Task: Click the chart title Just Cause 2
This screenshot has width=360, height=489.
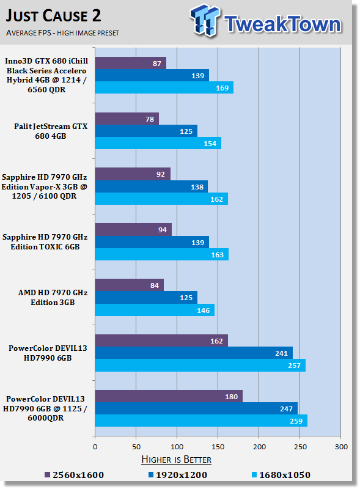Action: point(53,16)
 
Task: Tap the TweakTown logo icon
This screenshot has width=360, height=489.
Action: point(204,20)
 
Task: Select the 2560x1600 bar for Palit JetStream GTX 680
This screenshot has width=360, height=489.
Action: point(127,119)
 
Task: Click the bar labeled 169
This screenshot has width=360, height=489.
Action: point(164,87)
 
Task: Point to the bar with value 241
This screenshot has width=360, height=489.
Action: point(194,353)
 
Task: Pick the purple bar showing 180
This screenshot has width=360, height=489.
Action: point(169,396)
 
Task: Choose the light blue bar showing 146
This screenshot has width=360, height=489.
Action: point(155,310)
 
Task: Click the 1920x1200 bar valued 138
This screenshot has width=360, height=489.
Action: point(152,186)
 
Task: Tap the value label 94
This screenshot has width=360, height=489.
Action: point(163,230)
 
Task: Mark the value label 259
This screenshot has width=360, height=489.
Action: point(296,421)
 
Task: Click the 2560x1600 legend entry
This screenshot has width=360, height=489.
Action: point(74,475)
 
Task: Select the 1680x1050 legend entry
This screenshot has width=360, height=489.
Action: point(281,475)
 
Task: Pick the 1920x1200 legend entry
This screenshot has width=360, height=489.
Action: point(178,475)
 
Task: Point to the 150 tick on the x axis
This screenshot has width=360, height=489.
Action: point(218,447)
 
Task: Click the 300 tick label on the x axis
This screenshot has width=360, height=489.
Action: point(341,447)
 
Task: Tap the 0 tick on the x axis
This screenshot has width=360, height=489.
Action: point(95,447)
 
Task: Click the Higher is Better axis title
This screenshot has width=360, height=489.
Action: point(176,460)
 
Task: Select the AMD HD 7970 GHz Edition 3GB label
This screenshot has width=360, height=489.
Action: point(53,298)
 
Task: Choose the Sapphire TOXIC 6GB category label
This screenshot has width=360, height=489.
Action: point(45,241)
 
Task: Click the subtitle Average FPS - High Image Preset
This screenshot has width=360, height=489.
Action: point(62,33)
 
